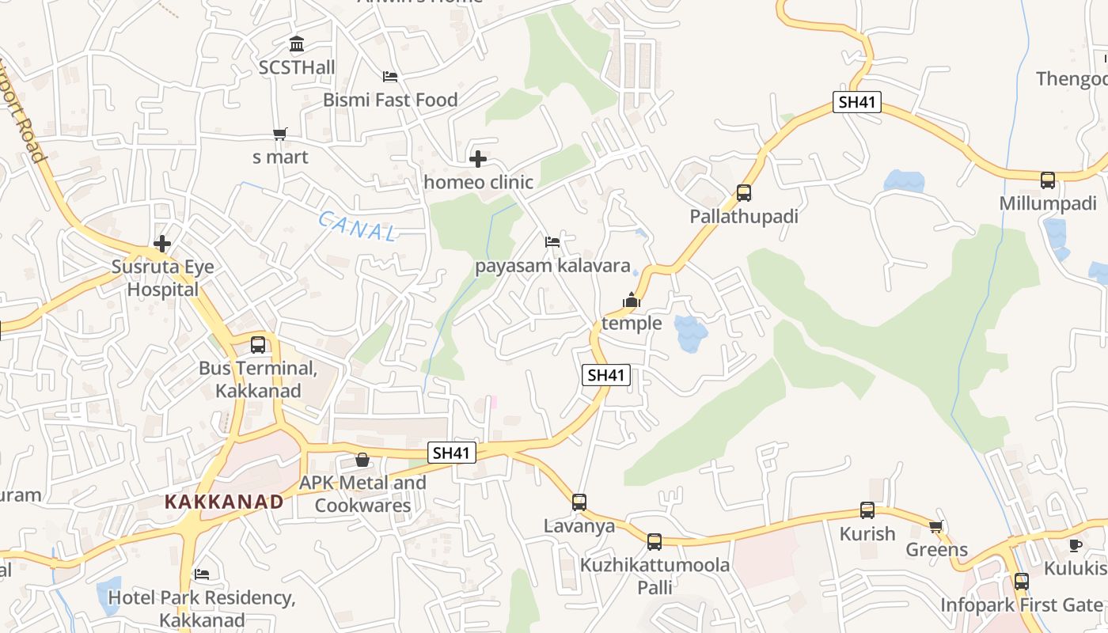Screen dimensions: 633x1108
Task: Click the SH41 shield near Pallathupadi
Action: (x=857, y=102)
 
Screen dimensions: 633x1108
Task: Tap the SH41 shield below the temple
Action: (x=606, y=375)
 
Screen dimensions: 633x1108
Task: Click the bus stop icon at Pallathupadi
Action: (x=743, y=192)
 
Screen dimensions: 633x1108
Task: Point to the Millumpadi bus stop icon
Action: (x=1048, y=180)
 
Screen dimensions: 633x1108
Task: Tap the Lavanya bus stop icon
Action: (x=579, y=502)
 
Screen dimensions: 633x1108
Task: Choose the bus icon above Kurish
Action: (x=867, y=510)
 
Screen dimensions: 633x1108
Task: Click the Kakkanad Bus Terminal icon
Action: (x=258, y=345)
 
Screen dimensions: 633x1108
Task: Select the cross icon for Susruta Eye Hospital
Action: (x=162, y=244)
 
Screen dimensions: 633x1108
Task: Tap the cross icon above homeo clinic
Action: (x=478, y=159)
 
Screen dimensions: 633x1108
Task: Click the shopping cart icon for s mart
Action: (x=279, y=134)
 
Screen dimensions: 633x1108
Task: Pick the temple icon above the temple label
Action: (x=631, y=300)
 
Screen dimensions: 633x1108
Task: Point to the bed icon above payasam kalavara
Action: (x=552, y=241)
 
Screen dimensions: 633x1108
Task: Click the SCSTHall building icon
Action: (x=297, y=44)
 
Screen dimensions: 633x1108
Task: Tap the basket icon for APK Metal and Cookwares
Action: (x=362, y=460)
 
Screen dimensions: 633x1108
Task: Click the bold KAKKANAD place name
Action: (x=224, y=502)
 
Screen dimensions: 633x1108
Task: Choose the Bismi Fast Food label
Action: (x=390, y=100)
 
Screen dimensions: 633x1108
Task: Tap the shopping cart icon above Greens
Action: (x=936, y=526)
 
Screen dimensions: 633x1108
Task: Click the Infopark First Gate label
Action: (x=1021, y=605)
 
